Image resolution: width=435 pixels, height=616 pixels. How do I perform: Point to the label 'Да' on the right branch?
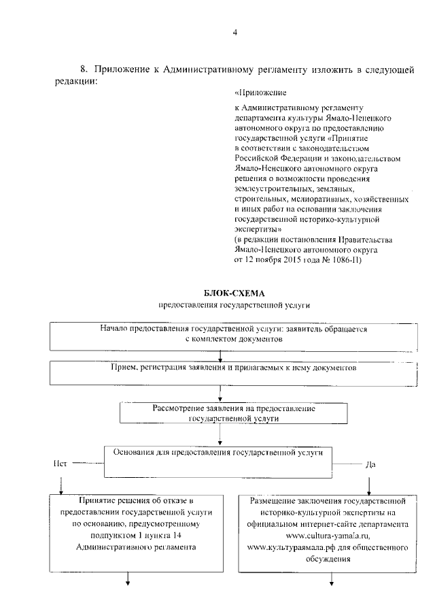click(370, 465)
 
